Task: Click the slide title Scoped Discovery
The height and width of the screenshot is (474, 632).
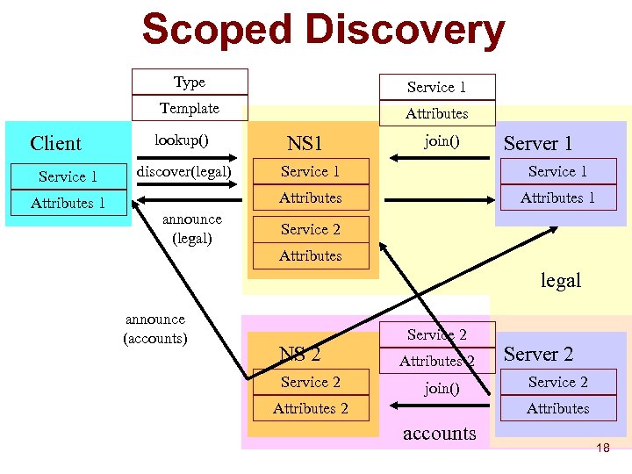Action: [x=323, y=31]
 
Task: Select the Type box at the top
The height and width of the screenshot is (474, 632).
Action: [x=190, y=83]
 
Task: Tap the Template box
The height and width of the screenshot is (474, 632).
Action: [x=190, y=109]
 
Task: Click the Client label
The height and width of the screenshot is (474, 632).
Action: [x=55, y=144]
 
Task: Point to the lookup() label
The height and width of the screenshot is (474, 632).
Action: [x=181, y=140]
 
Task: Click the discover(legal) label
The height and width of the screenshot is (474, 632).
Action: [x=184, y=170]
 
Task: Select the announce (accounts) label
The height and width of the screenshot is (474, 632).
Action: [x=155, y=328]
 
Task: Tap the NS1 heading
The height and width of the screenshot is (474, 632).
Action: [x=305, y=144]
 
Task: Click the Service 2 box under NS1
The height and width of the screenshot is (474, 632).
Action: [x=311, y=230]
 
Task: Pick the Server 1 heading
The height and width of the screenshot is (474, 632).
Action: [x=538, y=144]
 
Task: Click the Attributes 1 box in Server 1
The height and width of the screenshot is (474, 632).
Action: [x=557, y=198]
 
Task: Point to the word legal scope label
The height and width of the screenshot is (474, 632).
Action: [x=561, y=281]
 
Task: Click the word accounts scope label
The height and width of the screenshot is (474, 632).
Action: [x=439, y=434]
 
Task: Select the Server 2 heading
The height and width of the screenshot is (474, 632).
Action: [x=538, y=355]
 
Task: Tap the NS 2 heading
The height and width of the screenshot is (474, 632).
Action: [x=300, y=355]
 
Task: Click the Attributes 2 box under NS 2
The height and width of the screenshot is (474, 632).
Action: [x=311, y=409]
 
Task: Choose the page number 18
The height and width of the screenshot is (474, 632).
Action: [x=602, y=449]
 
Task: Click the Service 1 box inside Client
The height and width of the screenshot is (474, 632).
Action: [x=68, y=177]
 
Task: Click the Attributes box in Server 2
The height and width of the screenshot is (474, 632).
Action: [x=557, y=409]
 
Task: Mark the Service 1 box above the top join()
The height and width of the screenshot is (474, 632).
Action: [x=437, y=88]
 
